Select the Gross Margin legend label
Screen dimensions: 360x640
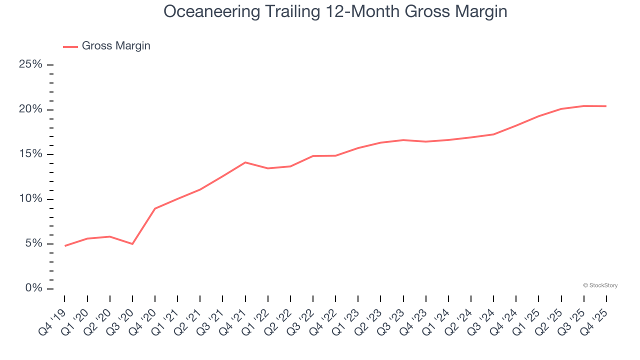click(x=116, y=46)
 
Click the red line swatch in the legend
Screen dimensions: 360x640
click(x=70, y=46)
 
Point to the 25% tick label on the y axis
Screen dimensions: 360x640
click(x=30, y=64)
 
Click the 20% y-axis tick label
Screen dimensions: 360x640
click(x=30, y=109)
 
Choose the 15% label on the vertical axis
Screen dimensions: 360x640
click(x=30, y=154)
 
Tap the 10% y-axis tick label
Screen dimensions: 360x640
click(x=30, y=199)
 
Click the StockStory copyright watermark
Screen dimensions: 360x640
click(x=600, y=285)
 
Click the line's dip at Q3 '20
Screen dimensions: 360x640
click(x=132, y=244)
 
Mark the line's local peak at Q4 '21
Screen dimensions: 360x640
click(x=245, y=162)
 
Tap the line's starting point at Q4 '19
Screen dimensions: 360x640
click(x=65, y=246)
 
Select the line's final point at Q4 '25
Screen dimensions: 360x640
click(x=606, y=106)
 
